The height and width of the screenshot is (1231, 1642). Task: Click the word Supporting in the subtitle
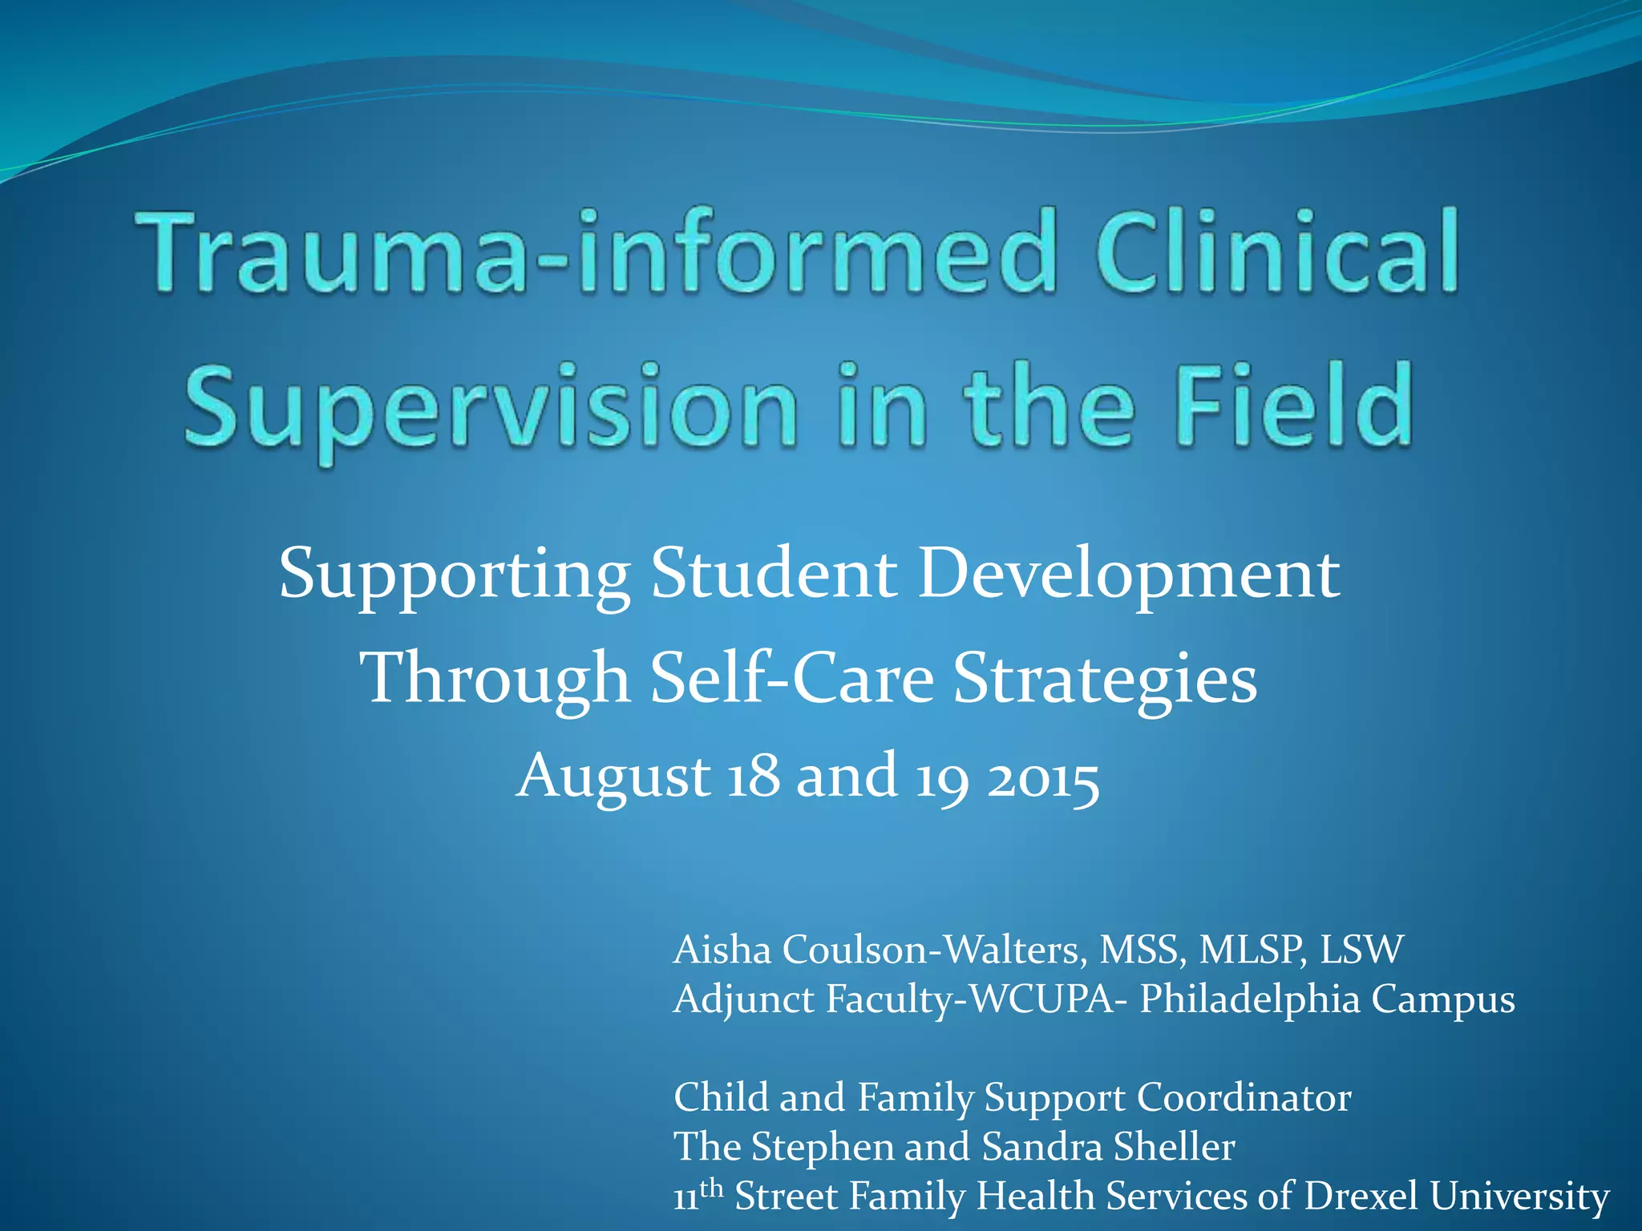pyautogui.click(x=454, y=575)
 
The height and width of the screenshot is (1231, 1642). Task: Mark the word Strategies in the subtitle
pyautogui.click(x=1106, y=680)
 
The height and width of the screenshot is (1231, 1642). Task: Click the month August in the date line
pyautogui.click(x=613, y=777)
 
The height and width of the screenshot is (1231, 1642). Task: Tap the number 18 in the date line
pyautogui.click(x=753, y=776)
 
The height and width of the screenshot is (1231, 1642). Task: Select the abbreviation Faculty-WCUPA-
pyautogui.click(x=971, y=999)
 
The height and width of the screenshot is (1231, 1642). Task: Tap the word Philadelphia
pyautogui.click(x=1250, y=999)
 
